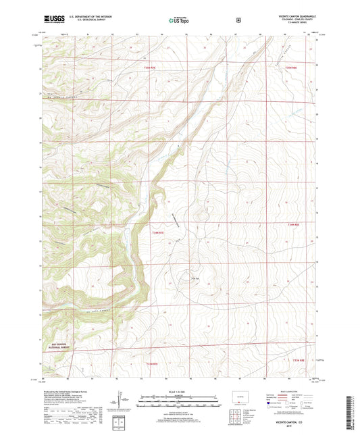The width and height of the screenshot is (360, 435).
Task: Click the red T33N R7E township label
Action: [x=155, y=363]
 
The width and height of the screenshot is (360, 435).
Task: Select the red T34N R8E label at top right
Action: [x=290, y=68]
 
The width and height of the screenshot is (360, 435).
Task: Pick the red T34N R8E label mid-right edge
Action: [x=292, y=226]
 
